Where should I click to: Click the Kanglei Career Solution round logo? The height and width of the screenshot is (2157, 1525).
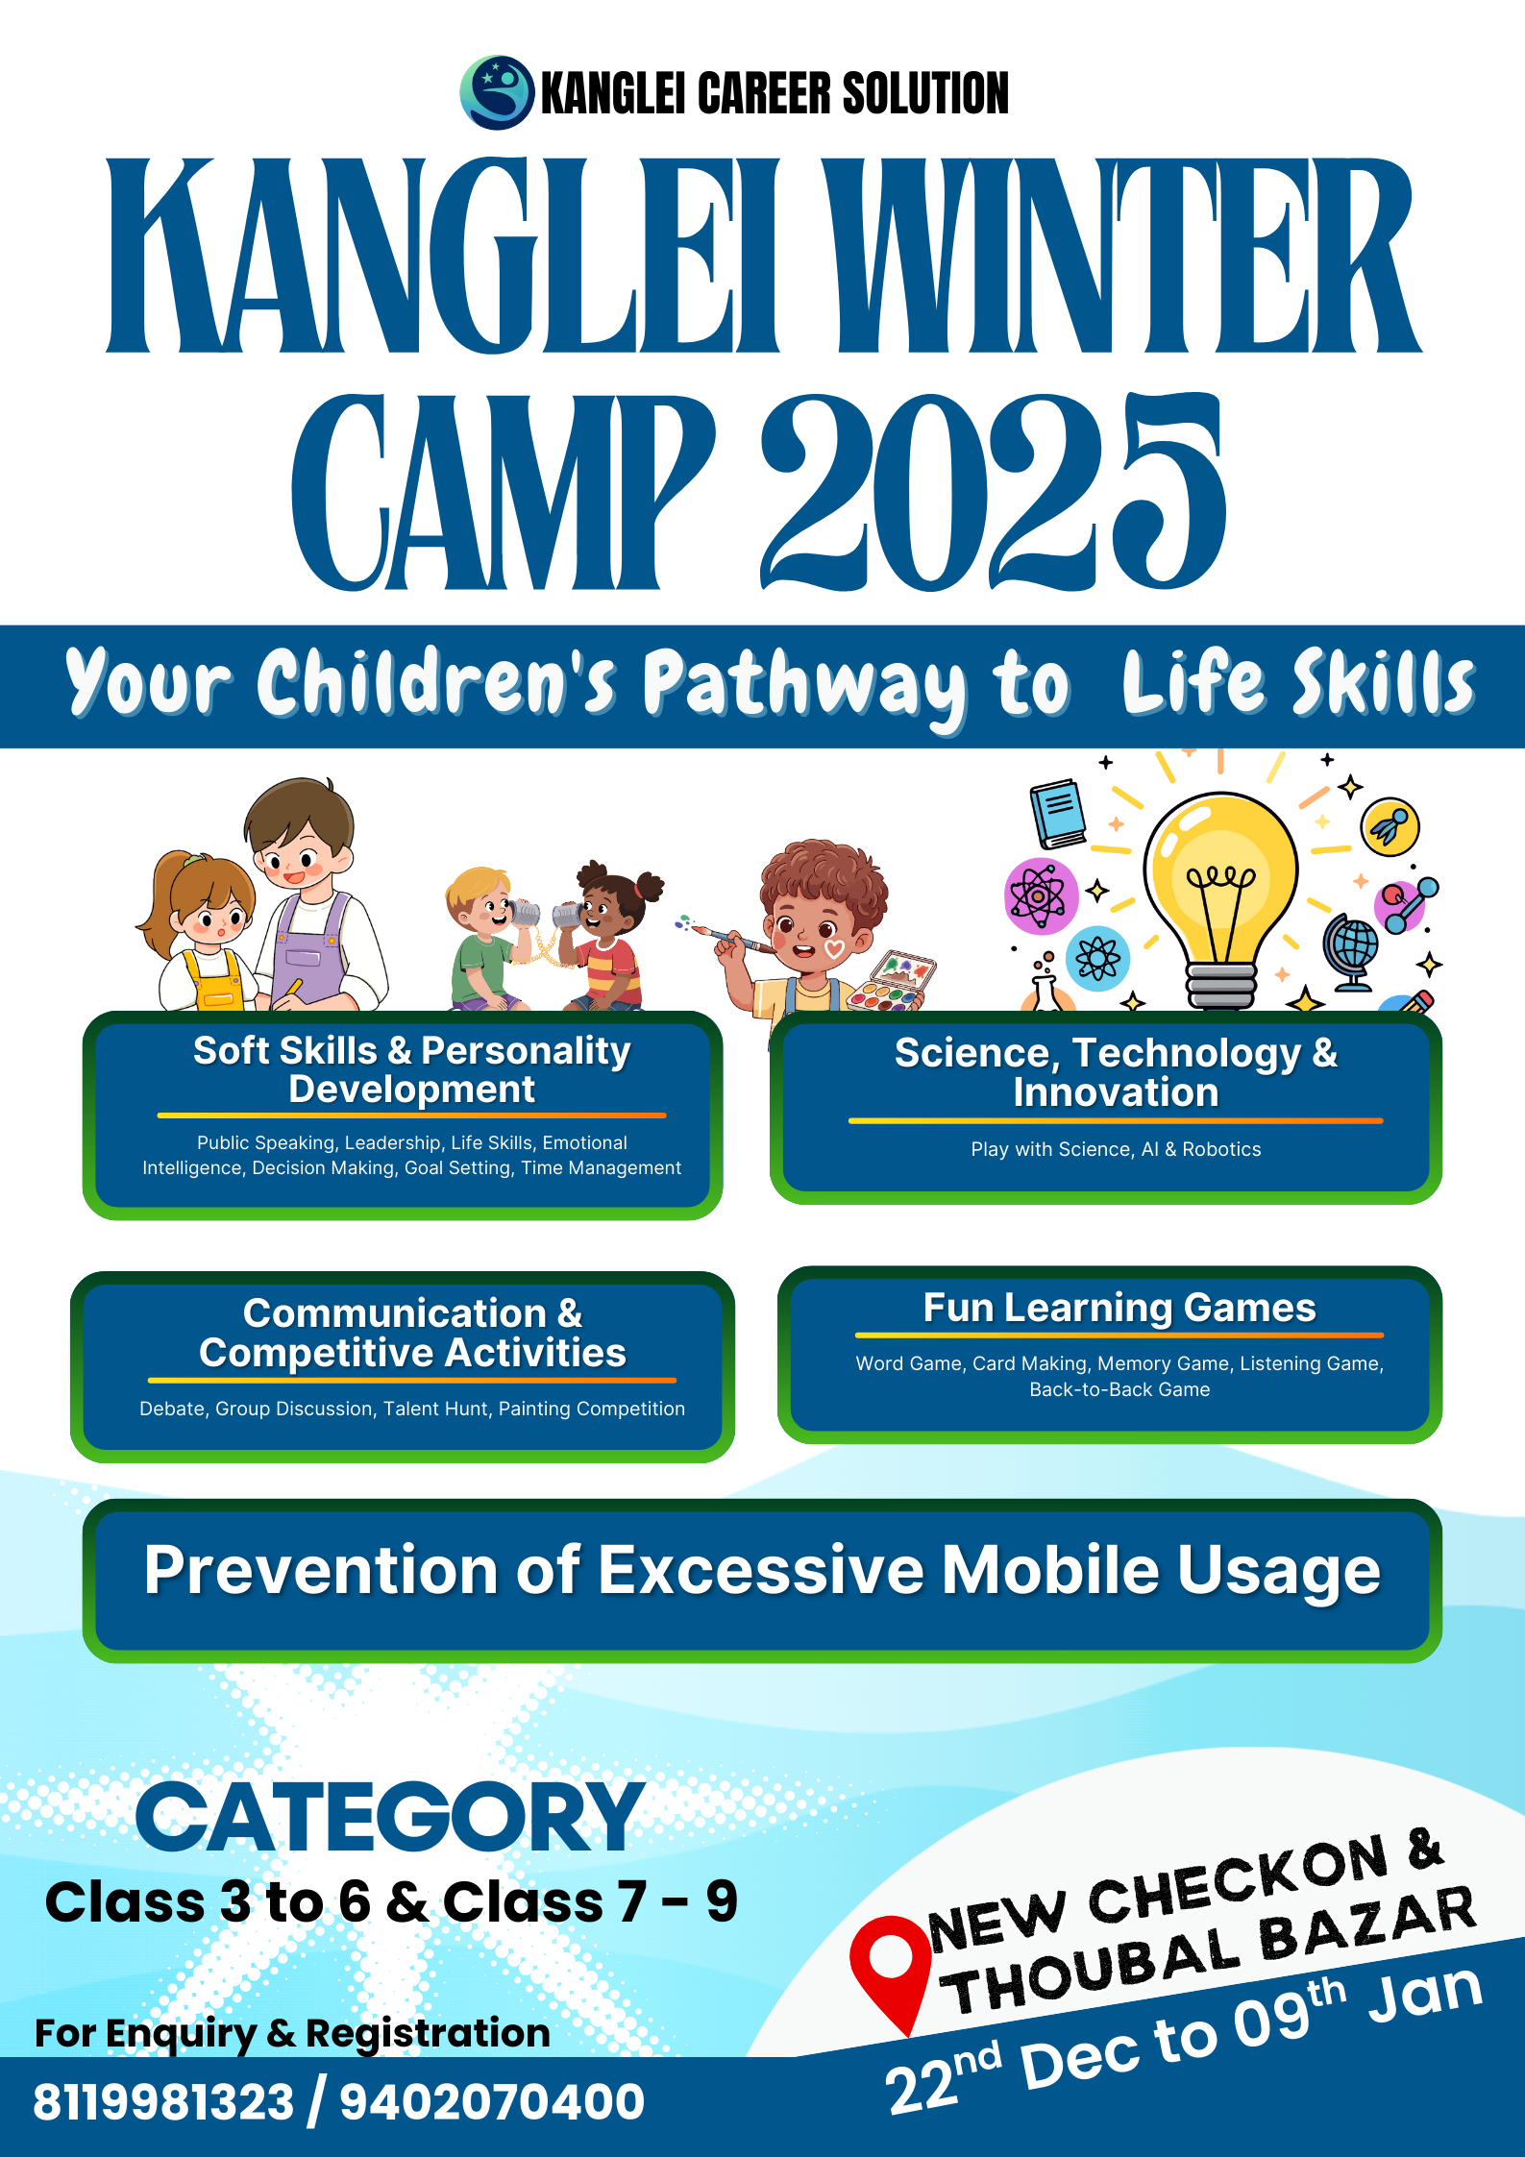click(x=497, y=92)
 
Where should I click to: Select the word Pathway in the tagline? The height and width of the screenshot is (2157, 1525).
click(x=806, y=684)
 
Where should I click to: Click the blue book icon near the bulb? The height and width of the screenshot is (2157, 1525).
click(x=1058, y=813)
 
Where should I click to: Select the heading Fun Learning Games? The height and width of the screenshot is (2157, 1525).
click(x=1119, y=1308)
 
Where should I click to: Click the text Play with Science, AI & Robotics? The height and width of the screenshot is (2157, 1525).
click(x=1116, y=1149)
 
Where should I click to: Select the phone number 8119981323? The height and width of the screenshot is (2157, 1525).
click(x=163, y=2101)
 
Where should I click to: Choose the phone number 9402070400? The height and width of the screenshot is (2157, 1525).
click(x=492, y=2101)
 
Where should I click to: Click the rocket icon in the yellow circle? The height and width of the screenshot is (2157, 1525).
click(x=1390, y=826)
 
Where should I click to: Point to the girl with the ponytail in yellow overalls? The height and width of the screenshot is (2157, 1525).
click(x=201, y=931)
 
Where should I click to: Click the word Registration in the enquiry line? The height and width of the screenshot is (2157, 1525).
click(x=428, y=2034)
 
